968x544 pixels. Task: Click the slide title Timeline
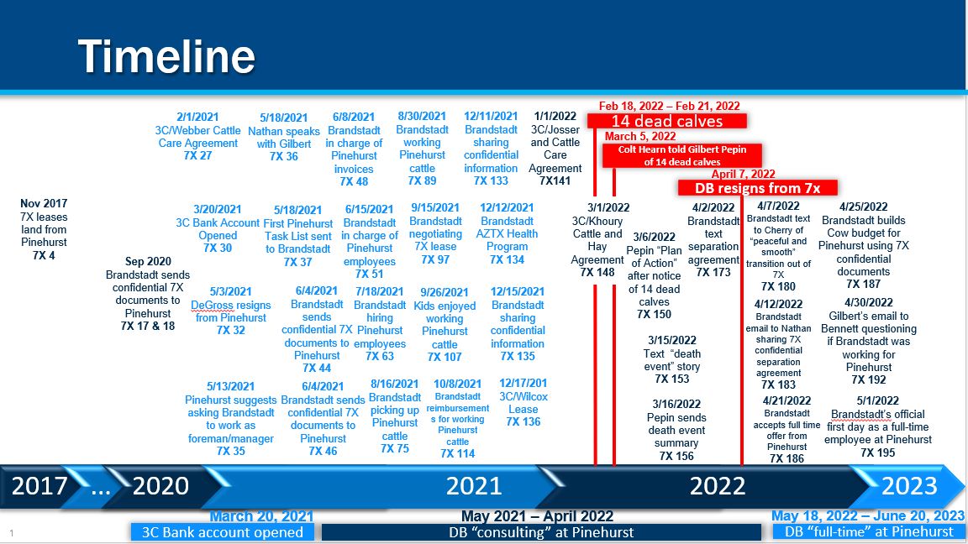(x=166, y=56)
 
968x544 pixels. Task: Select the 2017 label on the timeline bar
(x=39, y=486)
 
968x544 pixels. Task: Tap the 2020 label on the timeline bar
(x=160, y=486)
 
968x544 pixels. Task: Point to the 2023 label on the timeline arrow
(x=909, y=486)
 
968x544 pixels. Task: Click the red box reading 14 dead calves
(x=666, y=121)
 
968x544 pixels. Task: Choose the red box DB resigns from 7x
(x=757, y=187)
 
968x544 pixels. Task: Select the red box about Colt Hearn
(x=682, y=155)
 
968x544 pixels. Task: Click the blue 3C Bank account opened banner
(x=222, y=532)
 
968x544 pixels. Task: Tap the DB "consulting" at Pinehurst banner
(x=541, y=532)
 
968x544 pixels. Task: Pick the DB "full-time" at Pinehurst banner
(x=869, y=531)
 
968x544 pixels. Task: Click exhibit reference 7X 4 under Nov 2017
(x=44, y=255)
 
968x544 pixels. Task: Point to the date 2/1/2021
(x=197, y=117)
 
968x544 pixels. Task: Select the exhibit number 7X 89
(x=423, y=180)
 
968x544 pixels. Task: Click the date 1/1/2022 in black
(x=555, y=116)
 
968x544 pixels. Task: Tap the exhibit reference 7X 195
(x=878, y=452)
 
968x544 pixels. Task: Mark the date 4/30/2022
(x=869, y=302)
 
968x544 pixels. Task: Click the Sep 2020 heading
(x=148, y=262)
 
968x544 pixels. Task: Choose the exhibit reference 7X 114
(x=457, y=453)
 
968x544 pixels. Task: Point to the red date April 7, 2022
(x=744, y=174)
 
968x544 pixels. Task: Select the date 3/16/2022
(x=676, y=404)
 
